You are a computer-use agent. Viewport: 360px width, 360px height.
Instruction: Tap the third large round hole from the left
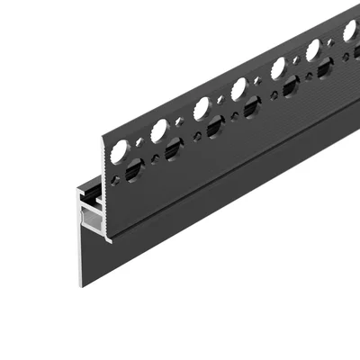click(202, 108)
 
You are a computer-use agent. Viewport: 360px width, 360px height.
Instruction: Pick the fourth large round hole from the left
click(239, 88)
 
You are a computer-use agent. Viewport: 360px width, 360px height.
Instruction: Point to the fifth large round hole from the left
click(278, 67)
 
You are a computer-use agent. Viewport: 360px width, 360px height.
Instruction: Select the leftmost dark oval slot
click(132, 168)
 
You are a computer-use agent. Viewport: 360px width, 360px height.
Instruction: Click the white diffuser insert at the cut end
click(88, 220)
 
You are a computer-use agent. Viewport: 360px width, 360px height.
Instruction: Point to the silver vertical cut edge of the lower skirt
click(80, 262)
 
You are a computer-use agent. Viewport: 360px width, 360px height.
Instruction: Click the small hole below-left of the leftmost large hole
click(112, 167)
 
